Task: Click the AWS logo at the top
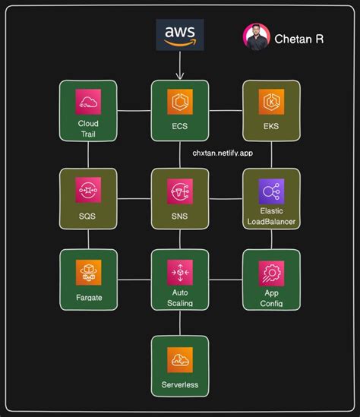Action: [180, 35]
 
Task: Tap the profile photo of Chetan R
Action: [256, 37]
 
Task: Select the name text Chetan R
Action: [298, 39]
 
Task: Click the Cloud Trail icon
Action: [88, 103]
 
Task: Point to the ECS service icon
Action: [180, 103]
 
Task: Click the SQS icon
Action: [88, 190]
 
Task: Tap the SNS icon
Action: [180, 190]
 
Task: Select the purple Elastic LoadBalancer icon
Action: [271, 191]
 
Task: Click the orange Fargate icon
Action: [88, 271]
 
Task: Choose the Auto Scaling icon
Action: [180, 271]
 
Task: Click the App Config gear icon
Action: [271, 272]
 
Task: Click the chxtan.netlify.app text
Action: [223, 152]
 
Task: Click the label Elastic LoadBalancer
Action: [271, 216]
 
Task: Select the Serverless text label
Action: [180, 385]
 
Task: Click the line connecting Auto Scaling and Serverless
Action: [180, 323]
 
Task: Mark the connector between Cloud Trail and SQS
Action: [88, 155]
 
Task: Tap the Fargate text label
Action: [88, 299]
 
